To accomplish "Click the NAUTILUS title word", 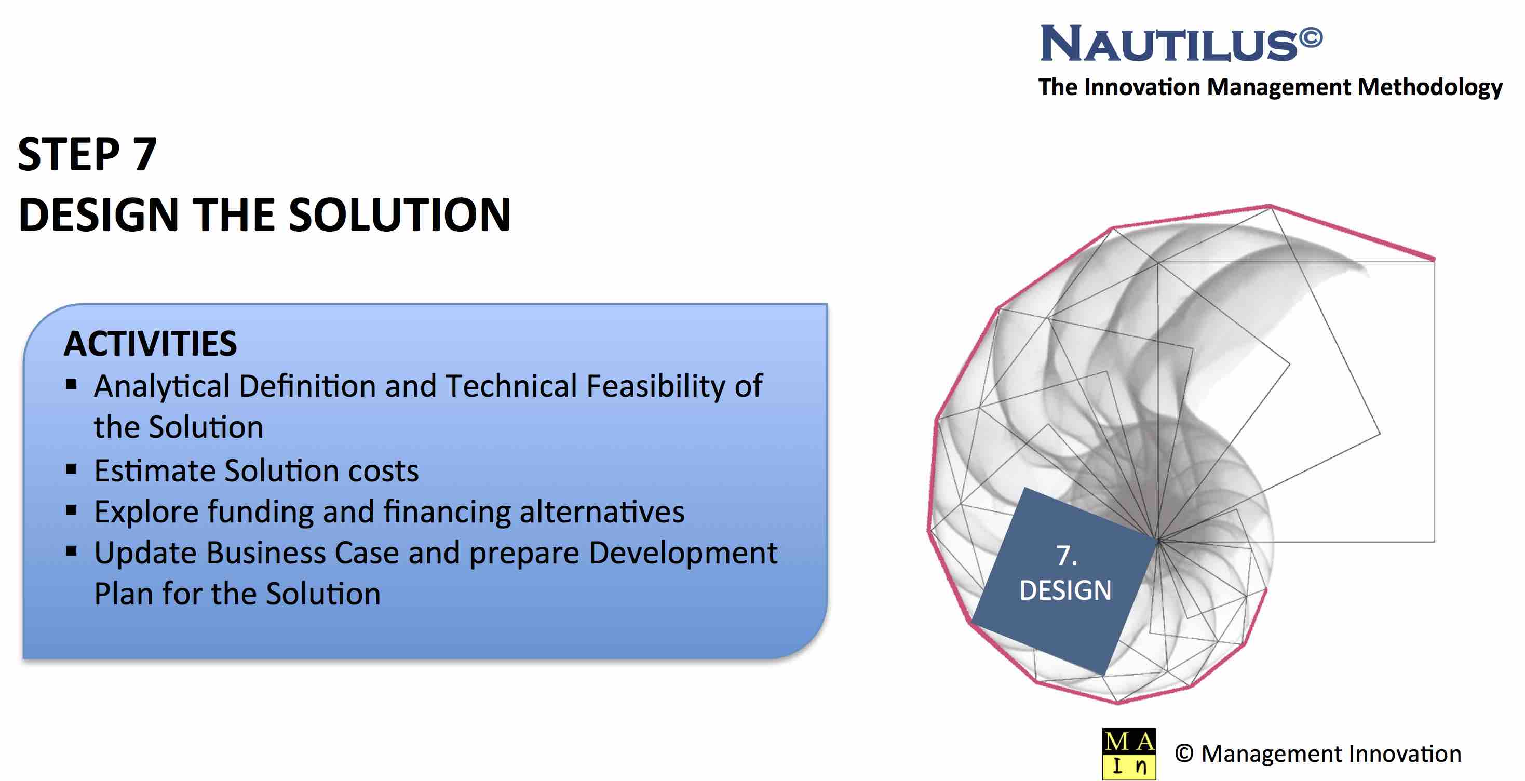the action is [1169, 43].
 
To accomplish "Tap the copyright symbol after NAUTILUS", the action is [1311, 38].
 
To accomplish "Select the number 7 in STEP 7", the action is [144, 154].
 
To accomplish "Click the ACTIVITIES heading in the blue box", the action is [151, 343].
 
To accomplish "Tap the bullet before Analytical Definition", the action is [72, 385].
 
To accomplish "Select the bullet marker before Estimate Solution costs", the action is [72, 469].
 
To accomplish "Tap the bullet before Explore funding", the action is [72, 510].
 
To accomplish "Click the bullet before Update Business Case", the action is [72, 552].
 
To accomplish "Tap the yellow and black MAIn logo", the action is [1129, 754].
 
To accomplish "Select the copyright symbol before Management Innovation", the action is [1184, 754].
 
